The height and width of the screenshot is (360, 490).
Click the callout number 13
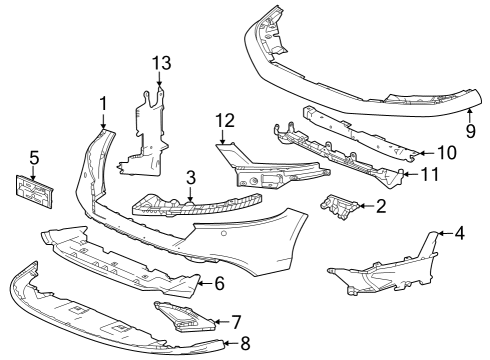162,63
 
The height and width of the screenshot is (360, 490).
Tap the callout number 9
470,131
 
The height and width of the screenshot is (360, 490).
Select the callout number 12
225,121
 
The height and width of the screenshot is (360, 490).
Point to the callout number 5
34,158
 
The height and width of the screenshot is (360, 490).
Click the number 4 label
459,233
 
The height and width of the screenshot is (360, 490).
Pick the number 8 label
245,343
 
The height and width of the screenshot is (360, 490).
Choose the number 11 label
430,174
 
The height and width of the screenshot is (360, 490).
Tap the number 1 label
103,104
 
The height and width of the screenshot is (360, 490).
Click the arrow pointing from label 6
205,283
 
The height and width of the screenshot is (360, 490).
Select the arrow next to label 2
366,206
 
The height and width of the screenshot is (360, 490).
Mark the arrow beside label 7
221,322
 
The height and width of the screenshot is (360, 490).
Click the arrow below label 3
190,194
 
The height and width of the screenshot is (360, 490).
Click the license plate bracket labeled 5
33,193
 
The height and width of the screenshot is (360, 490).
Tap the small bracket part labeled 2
339,207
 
